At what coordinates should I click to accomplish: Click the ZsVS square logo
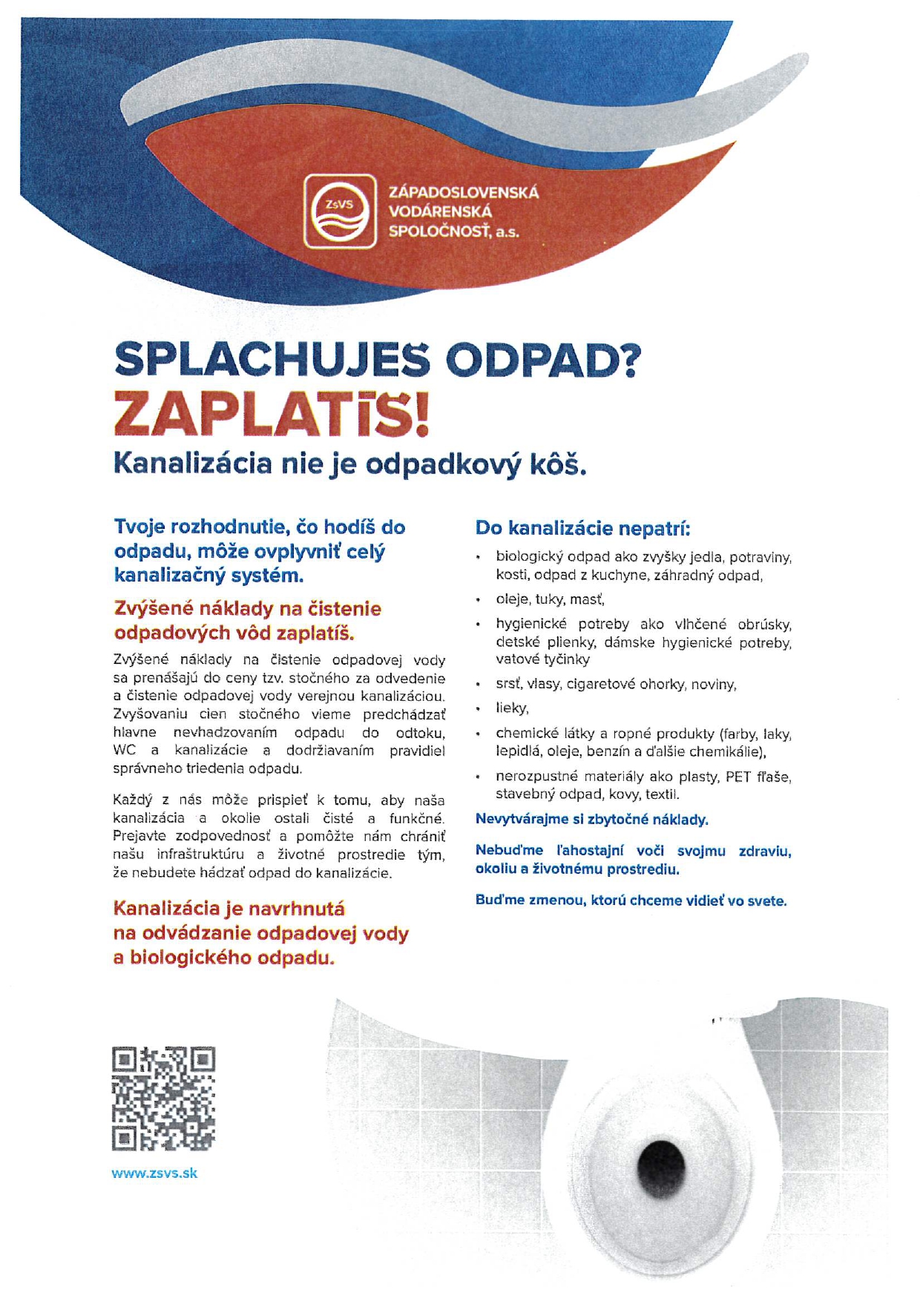(340, 211)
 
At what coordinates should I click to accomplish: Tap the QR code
(163, 1098)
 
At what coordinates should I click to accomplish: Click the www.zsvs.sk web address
(154, 1173)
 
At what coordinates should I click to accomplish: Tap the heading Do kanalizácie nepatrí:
(583, 529)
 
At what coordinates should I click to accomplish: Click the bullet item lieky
(512, 708)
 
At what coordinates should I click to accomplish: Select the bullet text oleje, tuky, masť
(550, 599)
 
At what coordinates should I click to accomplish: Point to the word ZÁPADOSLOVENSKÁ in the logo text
(464, 193)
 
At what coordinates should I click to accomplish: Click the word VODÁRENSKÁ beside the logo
(440, 212)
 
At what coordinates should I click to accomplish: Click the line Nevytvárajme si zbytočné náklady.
(591, 820)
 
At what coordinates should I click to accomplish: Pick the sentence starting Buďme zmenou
(631, 900)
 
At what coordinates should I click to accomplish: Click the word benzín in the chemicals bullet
(608, 751)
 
